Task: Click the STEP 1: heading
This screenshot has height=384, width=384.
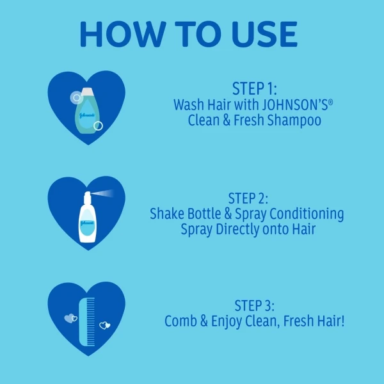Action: [x=255, y=89]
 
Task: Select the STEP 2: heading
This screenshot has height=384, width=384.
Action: [x=248, y=198]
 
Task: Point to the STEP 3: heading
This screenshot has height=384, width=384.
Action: [x=255, y=306]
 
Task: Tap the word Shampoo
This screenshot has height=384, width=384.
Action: [x=294, y=120]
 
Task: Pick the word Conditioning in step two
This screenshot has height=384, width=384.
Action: [x=307, y=214]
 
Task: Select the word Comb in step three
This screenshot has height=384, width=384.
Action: [x=180, y=321]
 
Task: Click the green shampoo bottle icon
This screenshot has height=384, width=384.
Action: [x=87, y=111]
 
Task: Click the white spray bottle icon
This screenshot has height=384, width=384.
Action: [x=87, y=217]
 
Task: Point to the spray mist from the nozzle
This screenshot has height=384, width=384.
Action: [x=103, y=193]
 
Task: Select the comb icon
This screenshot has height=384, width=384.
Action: [x=87, y=321]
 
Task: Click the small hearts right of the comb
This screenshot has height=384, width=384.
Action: [x=105, y=325]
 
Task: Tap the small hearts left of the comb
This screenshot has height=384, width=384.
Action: [x=71, y=318]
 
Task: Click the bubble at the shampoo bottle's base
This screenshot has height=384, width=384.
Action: [x=98, y=126]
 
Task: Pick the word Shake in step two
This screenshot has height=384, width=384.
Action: [x=167, y=214]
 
